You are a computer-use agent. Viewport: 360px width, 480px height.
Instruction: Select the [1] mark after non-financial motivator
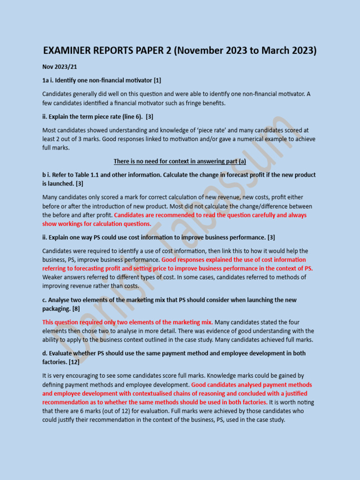(x=157, y=81)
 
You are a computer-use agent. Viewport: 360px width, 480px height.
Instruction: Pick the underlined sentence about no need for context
(x=180, y=161)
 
